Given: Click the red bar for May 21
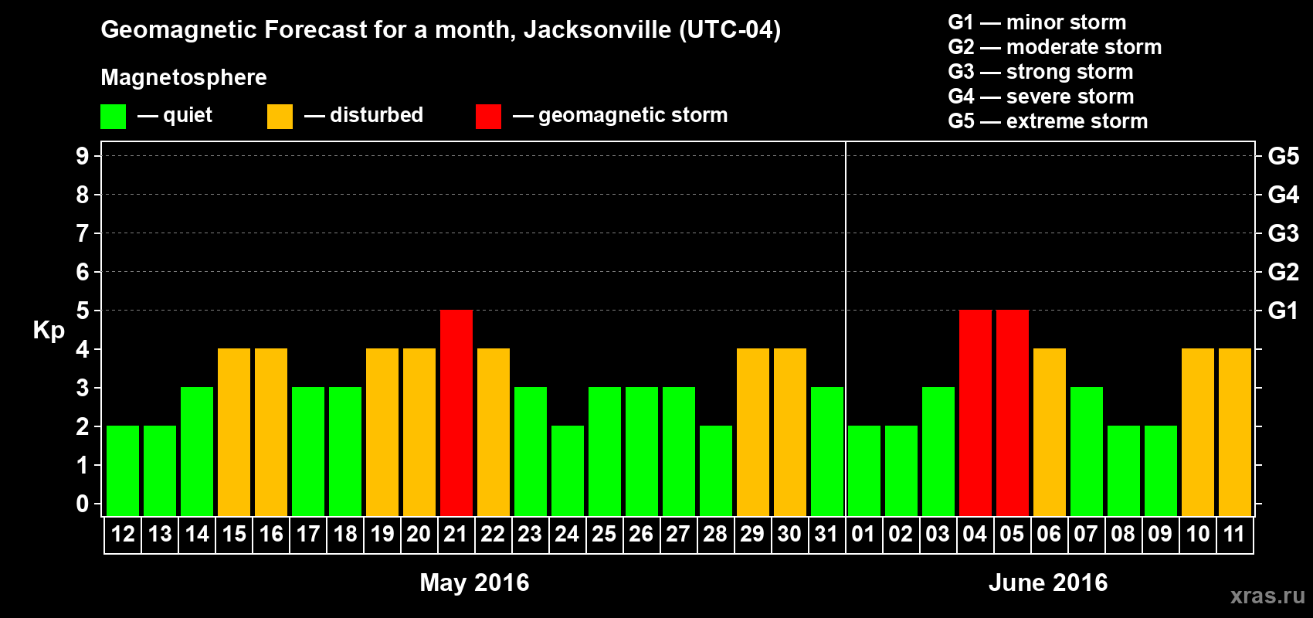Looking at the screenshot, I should point(456,413).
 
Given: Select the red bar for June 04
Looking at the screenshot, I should point(975,413).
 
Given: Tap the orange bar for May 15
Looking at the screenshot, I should point(234,432).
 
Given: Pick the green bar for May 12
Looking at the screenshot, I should point(123,470).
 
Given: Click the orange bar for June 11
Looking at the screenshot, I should point(1235,432).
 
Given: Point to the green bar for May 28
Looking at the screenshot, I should point(716,470).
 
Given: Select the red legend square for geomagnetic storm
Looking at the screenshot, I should point(488,117).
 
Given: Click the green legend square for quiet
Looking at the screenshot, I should point(114,117).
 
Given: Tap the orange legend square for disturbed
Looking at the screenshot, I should point(280,117).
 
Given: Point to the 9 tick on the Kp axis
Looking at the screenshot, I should point(83,156).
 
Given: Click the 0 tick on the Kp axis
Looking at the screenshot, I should point(83,504).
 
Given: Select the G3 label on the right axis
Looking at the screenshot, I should point(1283,233).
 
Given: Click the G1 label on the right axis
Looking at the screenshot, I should point(1283,311).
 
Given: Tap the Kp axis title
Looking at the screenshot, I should point(49,331).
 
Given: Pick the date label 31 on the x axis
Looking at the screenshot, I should point(826,534).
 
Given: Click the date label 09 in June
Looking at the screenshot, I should point(1160,534).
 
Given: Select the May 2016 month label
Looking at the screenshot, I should point(474,582).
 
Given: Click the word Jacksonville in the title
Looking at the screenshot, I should point(597,30).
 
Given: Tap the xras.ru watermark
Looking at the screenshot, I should point(1267,596).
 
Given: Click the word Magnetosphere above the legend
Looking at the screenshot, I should point(184,77).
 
